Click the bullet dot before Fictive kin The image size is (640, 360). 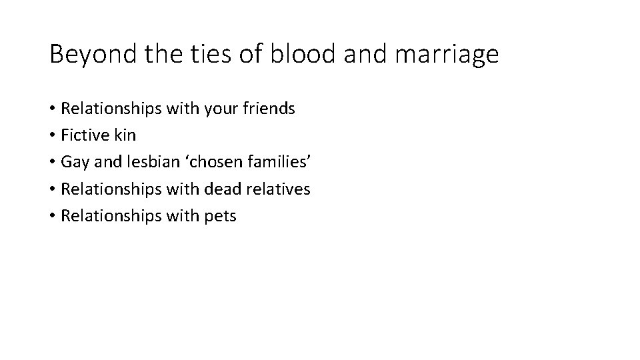pos(52,136)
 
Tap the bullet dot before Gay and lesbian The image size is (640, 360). pos(52,163)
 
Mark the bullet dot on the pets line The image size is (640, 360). pos(52,217)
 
